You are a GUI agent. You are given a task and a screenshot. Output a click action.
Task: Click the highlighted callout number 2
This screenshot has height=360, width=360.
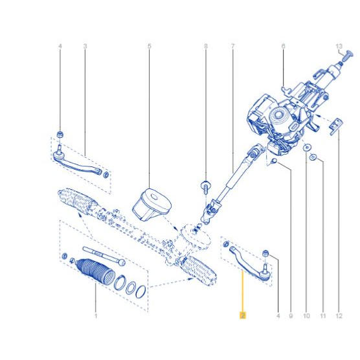243,315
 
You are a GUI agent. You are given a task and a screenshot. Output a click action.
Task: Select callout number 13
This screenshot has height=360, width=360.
339,47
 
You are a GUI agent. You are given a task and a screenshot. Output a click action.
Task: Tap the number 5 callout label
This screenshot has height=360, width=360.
150,47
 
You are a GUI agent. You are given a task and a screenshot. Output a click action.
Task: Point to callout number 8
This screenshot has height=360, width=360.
206,47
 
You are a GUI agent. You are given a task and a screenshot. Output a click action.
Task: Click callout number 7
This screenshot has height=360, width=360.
233,47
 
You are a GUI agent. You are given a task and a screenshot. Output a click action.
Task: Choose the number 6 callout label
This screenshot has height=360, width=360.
284,47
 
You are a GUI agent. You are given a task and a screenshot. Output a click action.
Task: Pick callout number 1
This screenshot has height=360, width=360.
96,316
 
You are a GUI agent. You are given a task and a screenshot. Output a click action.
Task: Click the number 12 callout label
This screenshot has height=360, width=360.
339,316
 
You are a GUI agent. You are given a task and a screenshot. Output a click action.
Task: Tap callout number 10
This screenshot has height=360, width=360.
306,316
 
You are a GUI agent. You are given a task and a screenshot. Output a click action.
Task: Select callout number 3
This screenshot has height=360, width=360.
85,47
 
